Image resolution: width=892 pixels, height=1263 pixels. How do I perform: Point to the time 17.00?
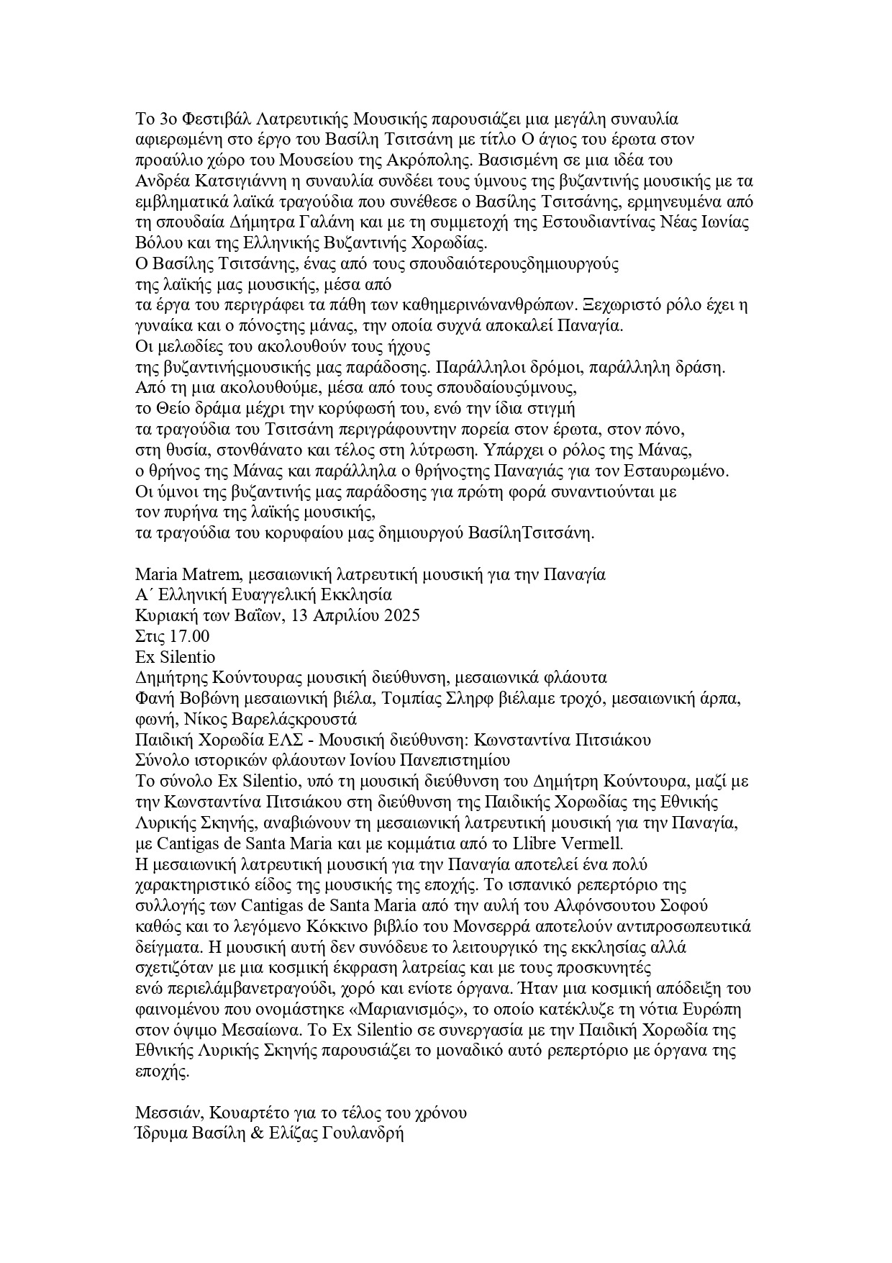[x=190, y=637]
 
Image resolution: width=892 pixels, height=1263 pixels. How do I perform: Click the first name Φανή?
[x=153, y=698]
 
